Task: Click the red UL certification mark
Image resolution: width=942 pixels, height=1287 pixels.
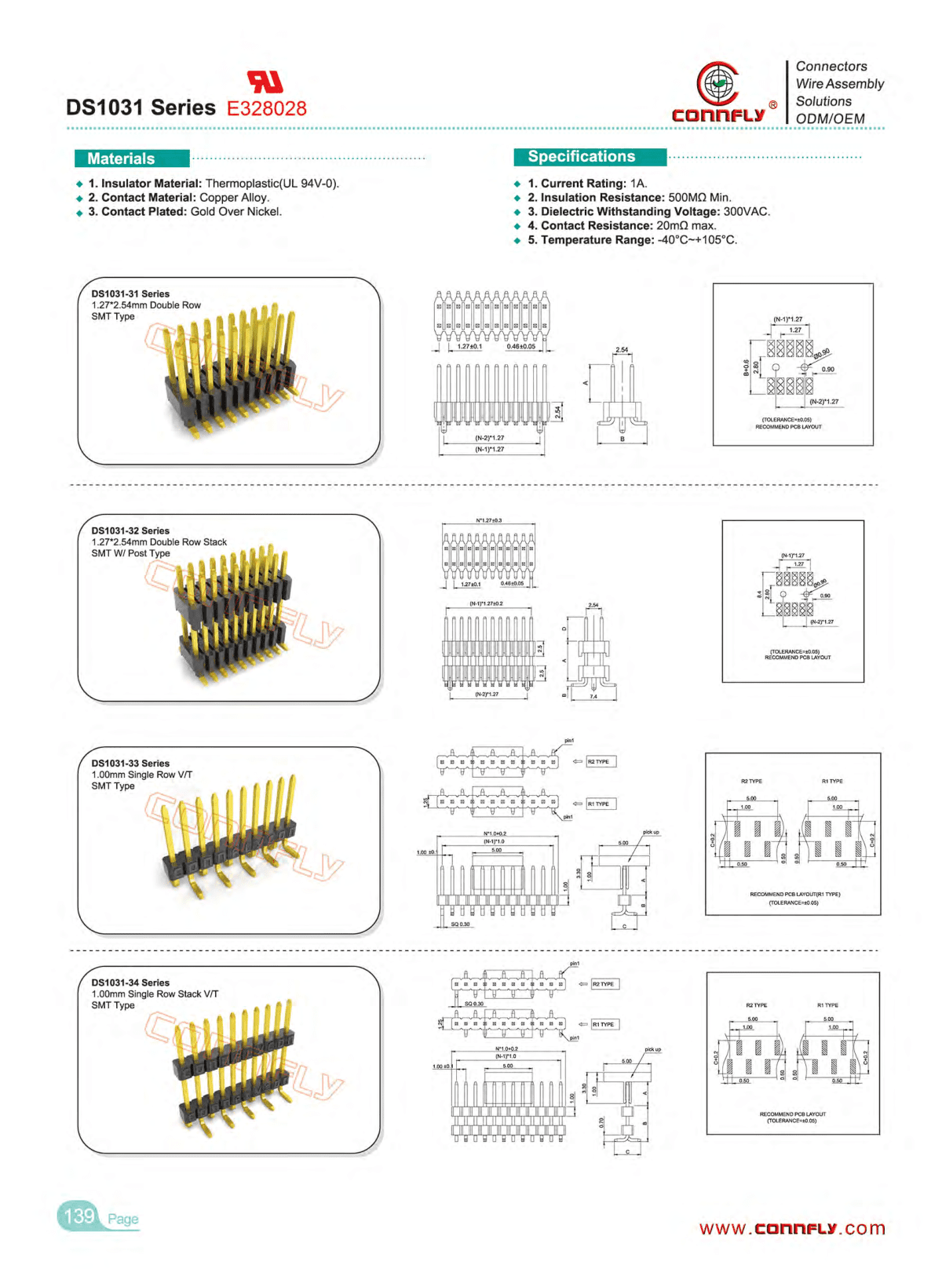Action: pyautogui.click(x=265, y=81)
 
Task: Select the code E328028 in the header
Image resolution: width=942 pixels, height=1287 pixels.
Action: pyautogui.click(x=267, y=108)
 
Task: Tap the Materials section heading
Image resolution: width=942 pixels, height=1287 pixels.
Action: pyautogui.click(x=122, y=159)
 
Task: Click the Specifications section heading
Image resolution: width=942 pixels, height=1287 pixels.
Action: pyautogui.click(x=582, y=156)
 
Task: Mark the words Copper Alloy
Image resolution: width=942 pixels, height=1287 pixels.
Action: pyautogui.click(x=233, y=198)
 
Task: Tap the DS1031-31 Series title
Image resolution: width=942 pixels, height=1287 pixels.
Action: pyautogui.click(x=130, y=293)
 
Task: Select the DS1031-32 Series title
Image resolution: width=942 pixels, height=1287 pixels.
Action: pyautogui.click(x=130, y=530)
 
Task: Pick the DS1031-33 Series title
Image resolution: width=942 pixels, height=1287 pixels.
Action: pyautogui.click(x=130, y=763)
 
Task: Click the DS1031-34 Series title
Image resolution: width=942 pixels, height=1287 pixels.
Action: pyautogui.click(x=130, y=983)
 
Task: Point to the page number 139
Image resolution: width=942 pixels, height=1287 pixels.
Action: pyautogui.click(x=79, y=1216)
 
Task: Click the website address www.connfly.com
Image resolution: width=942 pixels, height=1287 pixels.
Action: pyautogui.click(x=792, y=1228)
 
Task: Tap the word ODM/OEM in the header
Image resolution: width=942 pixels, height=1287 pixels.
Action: pyautogui.click(x=830, y=118)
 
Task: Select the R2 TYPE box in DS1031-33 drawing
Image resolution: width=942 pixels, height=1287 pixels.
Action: pyautogui.click(x=601, y=761)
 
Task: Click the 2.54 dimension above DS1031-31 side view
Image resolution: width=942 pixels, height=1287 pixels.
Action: pyautogui.click(x=622, y=350)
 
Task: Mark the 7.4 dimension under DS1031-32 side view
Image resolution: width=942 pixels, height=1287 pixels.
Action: pyautogui.click(x=593, y=696)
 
